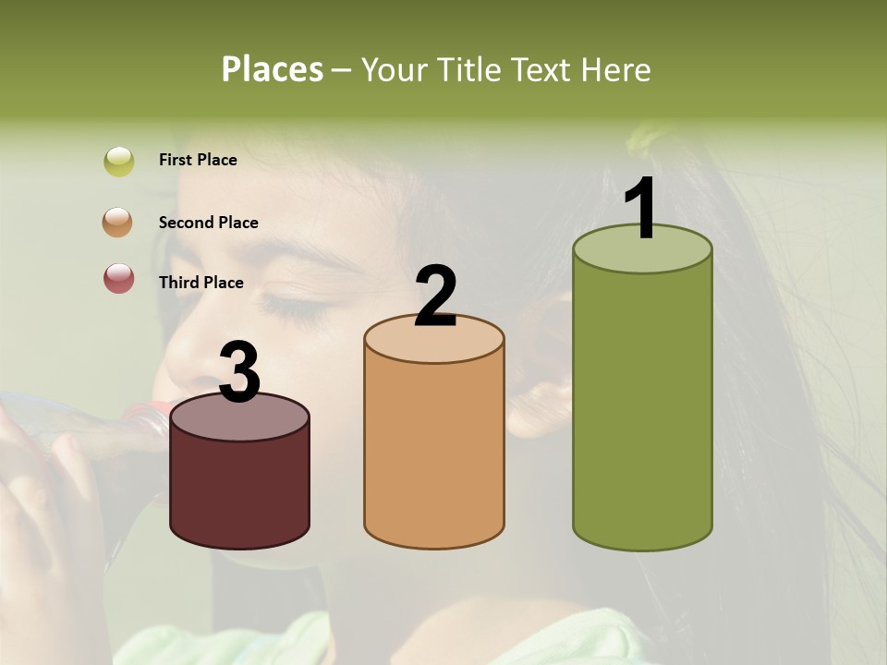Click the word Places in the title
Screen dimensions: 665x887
pyautogui.click(x=273, y=69)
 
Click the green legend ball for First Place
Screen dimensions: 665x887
pyautogui.click(x=119, y=161)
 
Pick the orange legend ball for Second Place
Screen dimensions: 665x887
pyautogui.click(x=119, y=223)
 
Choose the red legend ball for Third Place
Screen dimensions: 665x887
pyautogui.click(x=119, y=279)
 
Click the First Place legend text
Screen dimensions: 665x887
pyautogui.click(x=198, y=160)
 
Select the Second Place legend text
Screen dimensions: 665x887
pyautogui.click(x=208, y=223)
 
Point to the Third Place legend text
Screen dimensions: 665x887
pyautogui.click(x=200, y=283)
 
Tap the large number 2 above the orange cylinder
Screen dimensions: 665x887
pyautogui.click(x=435, y=296)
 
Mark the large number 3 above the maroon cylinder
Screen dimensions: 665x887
pyautogui.click(x=239, y=372)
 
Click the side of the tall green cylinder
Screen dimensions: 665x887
pyautogui.click(x=642, y=406)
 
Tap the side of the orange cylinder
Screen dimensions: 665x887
pyautogui.click(x=434, y=453)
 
